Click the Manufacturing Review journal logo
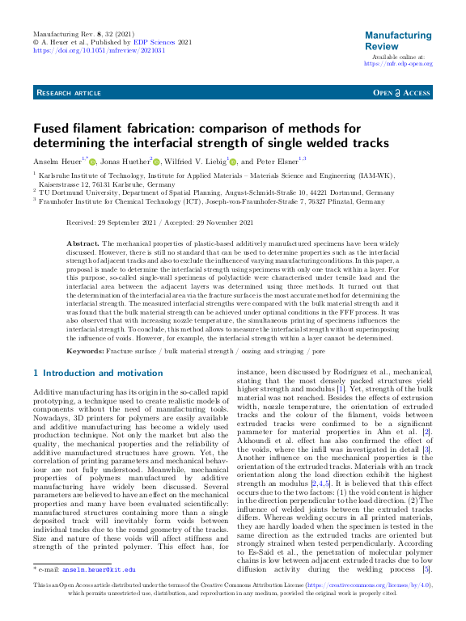click(x=398, y=40)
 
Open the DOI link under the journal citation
click(x=99, y=49)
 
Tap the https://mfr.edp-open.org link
click(x=398, y=64)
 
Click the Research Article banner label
click(x=69, y=94)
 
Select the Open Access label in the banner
click(x=401, y=94)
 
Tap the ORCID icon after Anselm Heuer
click(x=94, y=162)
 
